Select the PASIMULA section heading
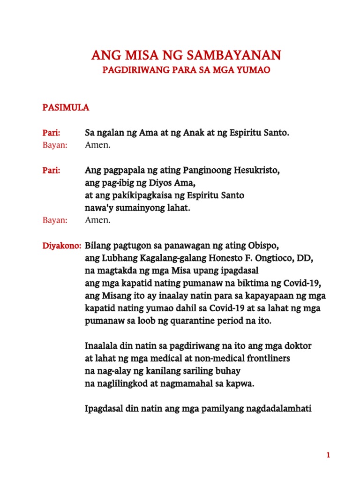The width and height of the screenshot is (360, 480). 66,108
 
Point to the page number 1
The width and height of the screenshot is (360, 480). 329,455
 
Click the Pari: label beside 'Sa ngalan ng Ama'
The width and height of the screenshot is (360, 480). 52,133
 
